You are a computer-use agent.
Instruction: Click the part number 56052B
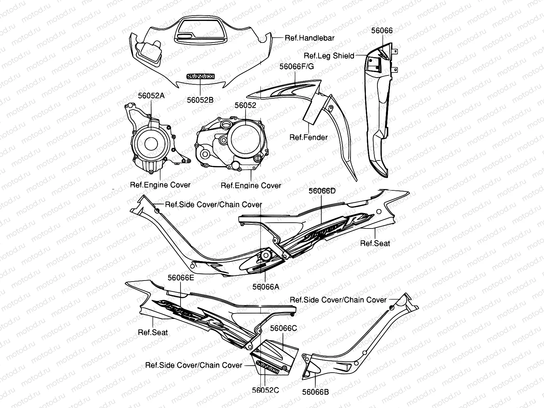point(200,100)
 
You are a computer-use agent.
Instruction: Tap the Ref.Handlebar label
point(309,38)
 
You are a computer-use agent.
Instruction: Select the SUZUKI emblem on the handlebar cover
point(200,77)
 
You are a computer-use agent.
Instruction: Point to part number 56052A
point(151,96)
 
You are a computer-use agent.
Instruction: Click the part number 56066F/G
point(296,66)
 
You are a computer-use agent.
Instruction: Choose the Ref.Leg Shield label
point(329,56)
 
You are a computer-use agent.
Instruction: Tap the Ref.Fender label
point(308,137)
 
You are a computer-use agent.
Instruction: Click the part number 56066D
point(322,191)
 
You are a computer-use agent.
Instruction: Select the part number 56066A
point(266,287)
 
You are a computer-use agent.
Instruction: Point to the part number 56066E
point(181,278)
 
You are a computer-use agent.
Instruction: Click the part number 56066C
point(283,328)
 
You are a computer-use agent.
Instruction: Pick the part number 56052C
point(265,390)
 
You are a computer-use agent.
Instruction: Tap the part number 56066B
point(316,392)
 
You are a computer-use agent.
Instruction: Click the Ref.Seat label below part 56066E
point(153,332)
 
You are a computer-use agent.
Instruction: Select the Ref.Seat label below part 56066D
point(375,243)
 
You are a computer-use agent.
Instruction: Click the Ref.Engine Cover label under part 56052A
point(160,185)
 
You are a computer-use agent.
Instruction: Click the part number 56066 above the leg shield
point(381,31)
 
